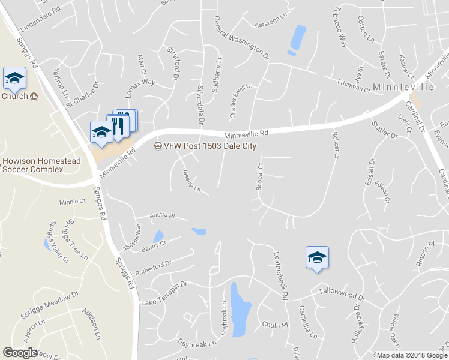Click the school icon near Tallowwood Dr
click(x=317, y=258)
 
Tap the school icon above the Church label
click(x=14, y=78)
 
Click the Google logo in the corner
click(x=20, y=353)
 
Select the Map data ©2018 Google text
click(x=412, y=355)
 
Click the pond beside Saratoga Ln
click(x=297, y=38)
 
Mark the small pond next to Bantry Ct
click(x=158, y=236)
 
